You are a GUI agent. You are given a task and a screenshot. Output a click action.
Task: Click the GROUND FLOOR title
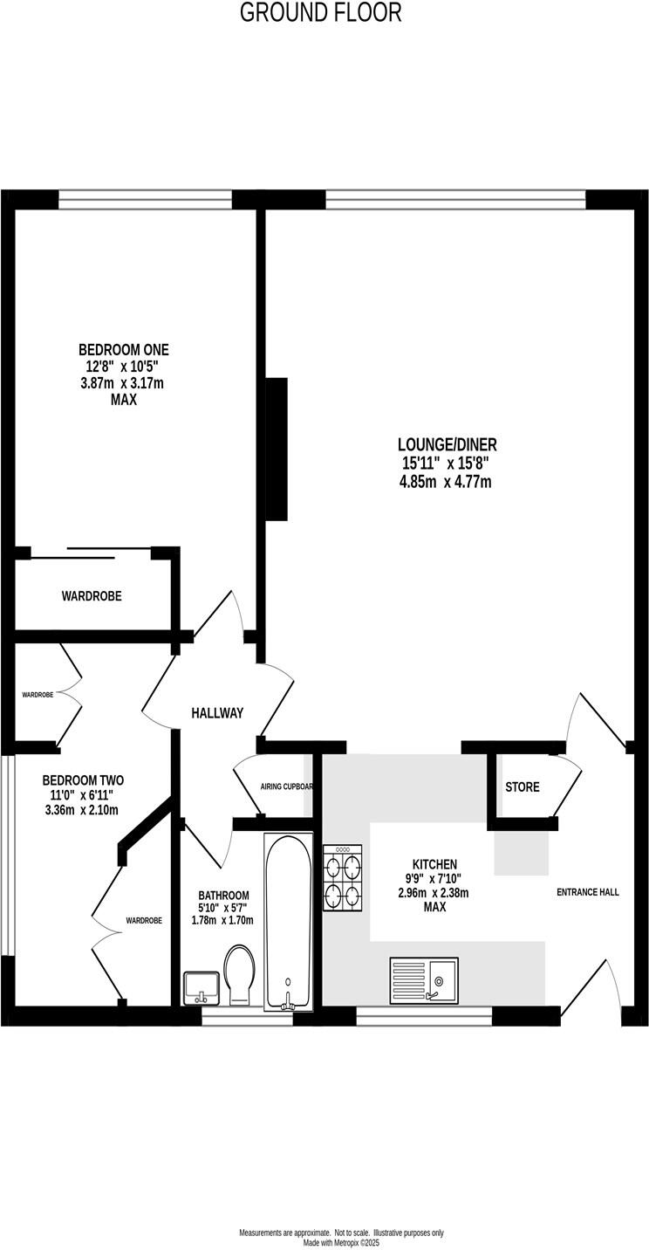320,12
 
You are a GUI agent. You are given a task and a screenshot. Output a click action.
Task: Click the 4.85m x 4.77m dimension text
445,481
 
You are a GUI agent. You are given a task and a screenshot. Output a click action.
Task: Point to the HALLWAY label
217,713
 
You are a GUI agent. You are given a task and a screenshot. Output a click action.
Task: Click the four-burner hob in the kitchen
342,879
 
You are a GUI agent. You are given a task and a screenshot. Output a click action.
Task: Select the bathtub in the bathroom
288,922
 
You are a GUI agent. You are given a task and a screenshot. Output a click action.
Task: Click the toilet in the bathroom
237,975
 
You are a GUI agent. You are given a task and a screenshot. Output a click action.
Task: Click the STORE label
522,786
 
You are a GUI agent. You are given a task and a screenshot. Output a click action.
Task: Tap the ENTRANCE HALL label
588,892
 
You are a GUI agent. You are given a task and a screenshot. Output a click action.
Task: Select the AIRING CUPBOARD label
286,786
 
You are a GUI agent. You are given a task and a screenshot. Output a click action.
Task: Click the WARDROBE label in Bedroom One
92,596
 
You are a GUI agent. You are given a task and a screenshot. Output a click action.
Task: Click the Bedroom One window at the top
146,200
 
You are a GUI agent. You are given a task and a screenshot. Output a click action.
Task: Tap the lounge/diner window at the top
454,200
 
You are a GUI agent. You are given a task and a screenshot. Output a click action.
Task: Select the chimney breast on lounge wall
277,450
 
